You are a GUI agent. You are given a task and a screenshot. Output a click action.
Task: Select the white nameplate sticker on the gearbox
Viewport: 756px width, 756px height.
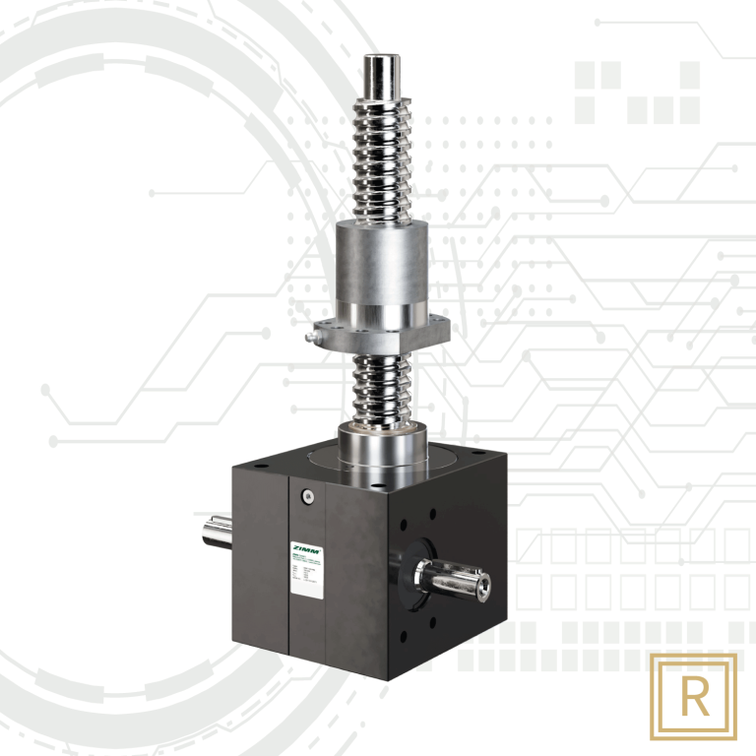click(310, 571)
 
